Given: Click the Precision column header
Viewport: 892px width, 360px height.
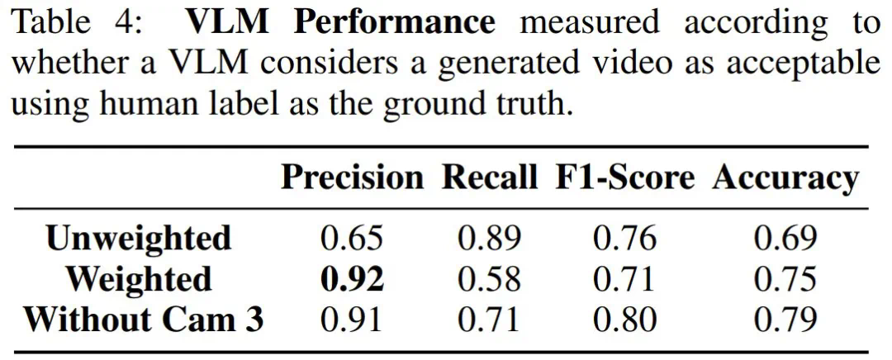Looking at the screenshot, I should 351,178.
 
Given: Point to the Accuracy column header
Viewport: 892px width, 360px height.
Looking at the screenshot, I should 785,178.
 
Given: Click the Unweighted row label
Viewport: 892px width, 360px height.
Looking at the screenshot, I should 139,239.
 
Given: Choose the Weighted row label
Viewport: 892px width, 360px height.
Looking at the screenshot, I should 139,279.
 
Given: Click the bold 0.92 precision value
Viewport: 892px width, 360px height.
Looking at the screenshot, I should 352,279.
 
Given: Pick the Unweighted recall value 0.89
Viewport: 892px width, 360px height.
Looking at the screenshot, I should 490,239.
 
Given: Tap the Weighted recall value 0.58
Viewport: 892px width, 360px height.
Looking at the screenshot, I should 490,279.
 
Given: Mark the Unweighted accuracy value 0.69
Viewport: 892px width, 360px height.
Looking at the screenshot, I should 785,239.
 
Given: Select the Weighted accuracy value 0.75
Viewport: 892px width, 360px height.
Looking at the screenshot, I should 785,279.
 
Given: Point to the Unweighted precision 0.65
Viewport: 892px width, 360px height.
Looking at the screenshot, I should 352,239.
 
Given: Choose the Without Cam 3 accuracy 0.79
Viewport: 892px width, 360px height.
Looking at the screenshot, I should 785,320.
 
